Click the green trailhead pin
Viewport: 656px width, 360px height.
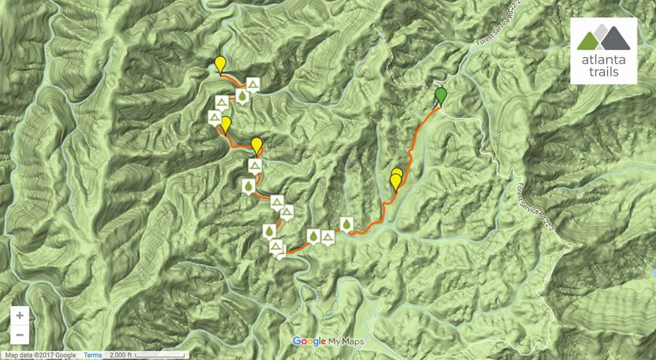[441, 95]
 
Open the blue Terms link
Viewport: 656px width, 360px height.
[93, 355]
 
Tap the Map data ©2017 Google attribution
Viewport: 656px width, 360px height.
[40, 355]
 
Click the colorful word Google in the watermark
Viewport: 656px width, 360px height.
[309, 342]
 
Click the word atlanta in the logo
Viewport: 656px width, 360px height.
[603, 59]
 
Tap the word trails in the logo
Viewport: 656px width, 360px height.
[603, 71]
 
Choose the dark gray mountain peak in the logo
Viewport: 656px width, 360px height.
[614, 39]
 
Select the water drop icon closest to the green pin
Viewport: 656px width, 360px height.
[346, 224]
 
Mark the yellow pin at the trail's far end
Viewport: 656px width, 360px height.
[220, 64]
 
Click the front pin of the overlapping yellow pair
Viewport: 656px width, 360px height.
[395, 181]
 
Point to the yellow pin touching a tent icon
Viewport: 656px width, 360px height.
[225, 124]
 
